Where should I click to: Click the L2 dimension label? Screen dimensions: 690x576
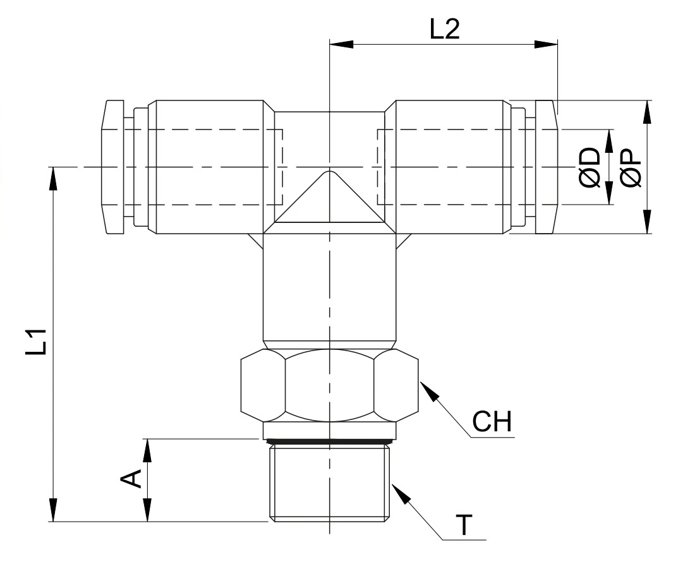click(x=444, y=30)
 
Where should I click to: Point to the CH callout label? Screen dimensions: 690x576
click(x=492, y=421)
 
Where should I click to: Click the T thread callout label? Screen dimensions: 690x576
click(x=464, y=525)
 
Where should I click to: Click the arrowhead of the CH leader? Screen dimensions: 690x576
click(x=429, y=390)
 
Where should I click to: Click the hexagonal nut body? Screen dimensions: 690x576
click(x=330, y=385)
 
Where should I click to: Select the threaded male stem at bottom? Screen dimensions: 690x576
click(x=330, y=483)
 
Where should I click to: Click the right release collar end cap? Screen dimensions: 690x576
click(x=547, y=167)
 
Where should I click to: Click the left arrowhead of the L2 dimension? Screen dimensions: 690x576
click(x=341, y=44)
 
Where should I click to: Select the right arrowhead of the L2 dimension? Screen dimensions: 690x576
click(x=546, y=44)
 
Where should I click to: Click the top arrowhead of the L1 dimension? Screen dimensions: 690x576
click(x=53, y=179)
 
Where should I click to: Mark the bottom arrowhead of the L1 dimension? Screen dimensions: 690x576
click(x=53, y=510)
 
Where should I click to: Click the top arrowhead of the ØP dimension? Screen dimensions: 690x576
click(x=647, y=112)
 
